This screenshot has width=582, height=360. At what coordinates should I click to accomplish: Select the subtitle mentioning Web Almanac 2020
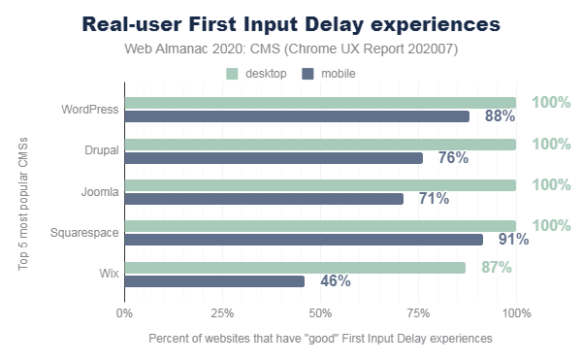[291, 49]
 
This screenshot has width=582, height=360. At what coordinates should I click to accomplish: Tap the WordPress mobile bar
[297, 116]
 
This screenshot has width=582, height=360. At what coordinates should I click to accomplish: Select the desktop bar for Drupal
[320, 144]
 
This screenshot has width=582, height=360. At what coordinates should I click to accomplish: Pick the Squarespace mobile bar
[304, 240]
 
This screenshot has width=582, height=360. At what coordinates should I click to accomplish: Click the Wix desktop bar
[295, 267]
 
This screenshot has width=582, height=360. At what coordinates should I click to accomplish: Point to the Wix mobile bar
[214, 281]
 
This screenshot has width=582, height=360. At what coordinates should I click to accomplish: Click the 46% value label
[335, 281]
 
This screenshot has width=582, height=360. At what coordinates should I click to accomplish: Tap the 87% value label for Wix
[497, 267]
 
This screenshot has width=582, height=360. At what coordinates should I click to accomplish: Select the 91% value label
[513, 240]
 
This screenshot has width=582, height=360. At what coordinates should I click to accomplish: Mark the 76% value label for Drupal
[453, 157]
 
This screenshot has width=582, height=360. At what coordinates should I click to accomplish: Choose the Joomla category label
[100, 192]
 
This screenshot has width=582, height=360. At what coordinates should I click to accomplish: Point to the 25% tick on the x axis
[222, 313]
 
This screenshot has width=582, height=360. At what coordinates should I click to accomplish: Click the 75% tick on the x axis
[418, 313]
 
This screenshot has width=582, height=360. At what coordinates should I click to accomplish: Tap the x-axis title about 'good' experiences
[320, 339]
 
